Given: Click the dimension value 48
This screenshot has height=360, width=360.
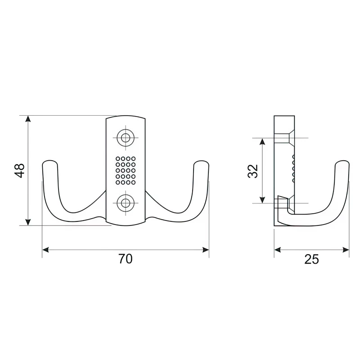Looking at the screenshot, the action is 20,171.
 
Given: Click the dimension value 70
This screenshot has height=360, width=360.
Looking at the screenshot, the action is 126,259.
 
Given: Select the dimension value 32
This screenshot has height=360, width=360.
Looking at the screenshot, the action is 253,171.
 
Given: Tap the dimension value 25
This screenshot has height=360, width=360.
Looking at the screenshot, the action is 311,259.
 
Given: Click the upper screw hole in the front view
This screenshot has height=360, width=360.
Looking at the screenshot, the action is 126,138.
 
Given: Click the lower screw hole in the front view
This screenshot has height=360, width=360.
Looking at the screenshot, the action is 126,203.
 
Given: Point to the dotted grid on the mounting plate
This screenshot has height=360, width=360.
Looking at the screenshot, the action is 126,171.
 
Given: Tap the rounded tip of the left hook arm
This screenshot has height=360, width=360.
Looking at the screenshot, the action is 49,163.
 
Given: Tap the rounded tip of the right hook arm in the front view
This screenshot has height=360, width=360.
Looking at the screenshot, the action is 201,163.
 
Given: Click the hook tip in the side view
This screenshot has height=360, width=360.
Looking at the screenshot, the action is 342,163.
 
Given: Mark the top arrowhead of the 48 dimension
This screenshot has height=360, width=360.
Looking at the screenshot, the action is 28,119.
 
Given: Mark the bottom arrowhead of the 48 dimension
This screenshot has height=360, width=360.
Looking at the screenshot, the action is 28,222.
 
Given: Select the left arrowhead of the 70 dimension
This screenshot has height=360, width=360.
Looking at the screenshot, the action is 46,250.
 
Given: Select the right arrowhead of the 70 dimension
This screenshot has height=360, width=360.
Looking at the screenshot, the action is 206,250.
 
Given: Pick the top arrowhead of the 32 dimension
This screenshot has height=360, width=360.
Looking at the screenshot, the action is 262,141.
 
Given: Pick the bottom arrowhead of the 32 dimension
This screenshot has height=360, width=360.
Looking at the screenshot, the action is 262,200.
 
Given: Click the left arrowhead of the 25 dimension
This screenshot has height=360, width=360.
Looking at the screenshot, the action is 278,250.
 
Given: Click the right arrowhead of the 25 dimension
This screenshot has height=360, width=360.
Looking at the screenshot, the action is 346,250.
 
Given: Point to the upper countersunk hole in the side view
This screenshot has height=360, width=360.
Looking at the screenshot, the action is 284,138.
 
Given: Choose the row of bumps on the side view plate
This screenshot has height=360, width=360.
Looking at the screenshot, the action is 293,168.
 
